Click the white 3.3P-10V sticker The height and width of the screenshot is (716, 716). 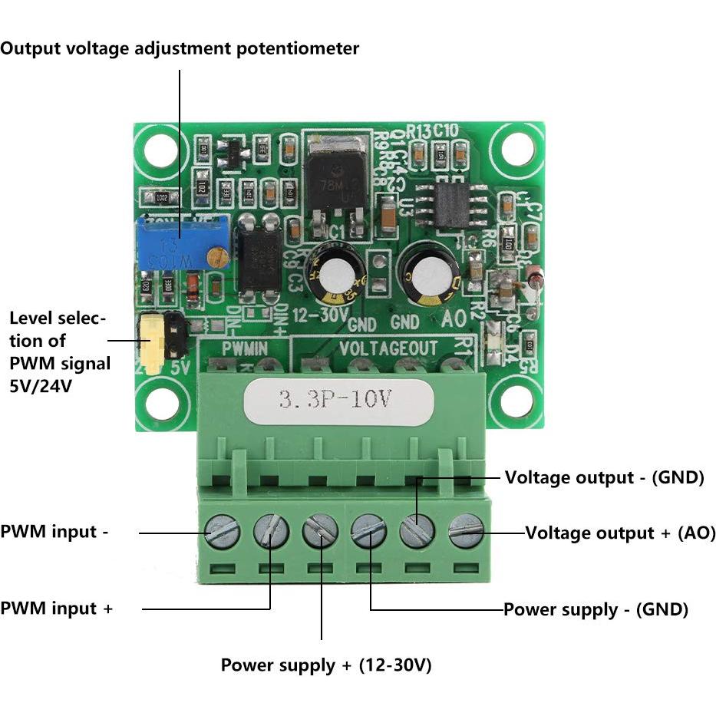(x=338, y=399)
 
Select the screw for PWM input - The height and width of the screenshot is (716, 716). (x=223, y=530)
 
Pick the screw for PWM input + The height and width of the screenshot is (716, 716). (x=271, y=530)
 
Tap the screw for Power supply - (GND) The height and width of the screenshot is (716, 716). (x=368, y=530)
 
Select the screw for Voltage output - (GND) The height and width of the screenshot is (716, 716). (x=417, y=530)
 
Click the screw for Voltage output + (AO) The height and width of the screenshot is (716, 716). (x=466, y=530)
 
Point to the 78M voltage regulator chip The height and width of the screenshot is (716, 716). (x=332, y=184)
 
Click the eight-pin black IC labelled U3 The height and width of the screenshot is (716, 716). (x=447, y=204)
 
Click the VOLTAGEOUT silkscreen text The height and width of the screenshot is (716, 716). (x=388, y=348)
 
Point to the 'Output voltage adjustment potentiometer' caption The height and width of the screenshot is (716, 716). (x=180, y=48)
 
